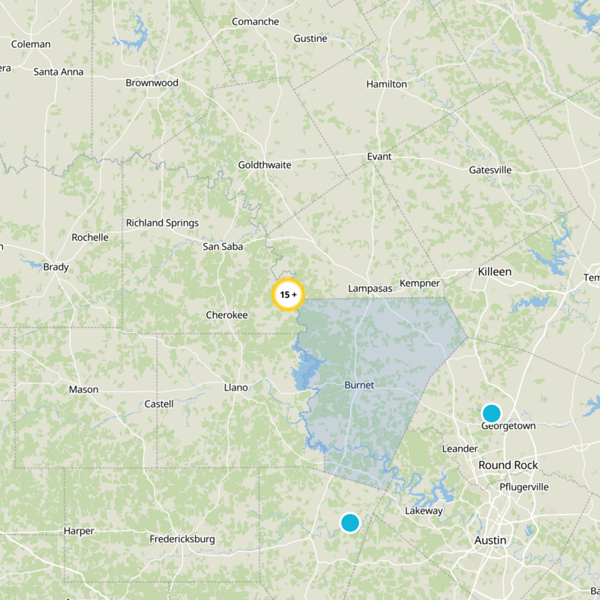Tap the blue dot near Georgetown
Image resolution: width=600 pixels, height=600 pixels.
(x=491, y=412)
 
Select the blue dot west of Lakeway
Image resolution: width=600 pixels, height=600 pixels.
(x=350, y=522)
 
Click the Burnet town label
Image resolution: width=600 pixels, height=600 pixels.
(x=358, y=385)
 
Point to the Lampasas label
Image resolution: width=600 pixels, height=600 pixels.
(x=370, y=288)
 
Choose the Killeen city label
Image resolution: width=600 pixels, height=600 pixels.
(x=494, y=271)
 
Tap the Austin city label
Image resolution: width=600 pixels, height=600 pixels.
(x=490, y=540)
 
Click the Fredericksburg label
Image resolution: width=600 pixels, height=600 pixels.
(x=182, y=538)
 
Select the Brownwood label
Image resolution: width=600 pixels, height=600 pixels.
(x=151, y=82)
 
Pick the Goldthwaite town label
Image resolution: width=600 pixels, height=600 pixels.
(x=264, y=164)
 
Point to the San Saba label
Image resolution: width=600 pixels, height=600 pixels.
(x=222, y=246)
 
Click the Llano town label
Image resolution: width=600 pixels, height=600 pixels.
(x=235, y=387)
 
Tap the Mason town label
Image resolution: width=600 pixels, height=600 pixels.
(x=83, y=389)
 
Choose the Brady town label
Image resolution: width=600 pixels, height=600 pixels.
(x=56, y=267)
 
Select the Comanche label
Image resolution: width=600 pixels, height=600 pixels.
(x=255, y=22)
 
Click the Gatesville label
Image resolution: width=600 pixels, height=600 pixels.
(x=490, y=169)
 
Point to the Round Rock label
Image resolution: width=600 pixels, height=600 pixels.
(x=508, y=465)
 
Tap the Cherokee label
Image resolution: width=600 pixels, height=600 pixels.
(x=226, y=315)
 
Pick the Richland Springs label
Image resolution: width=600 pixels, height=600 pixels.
(x=162, y=223)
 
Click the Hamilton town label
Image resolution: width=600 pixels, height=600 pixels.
(x=386, y=84)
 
